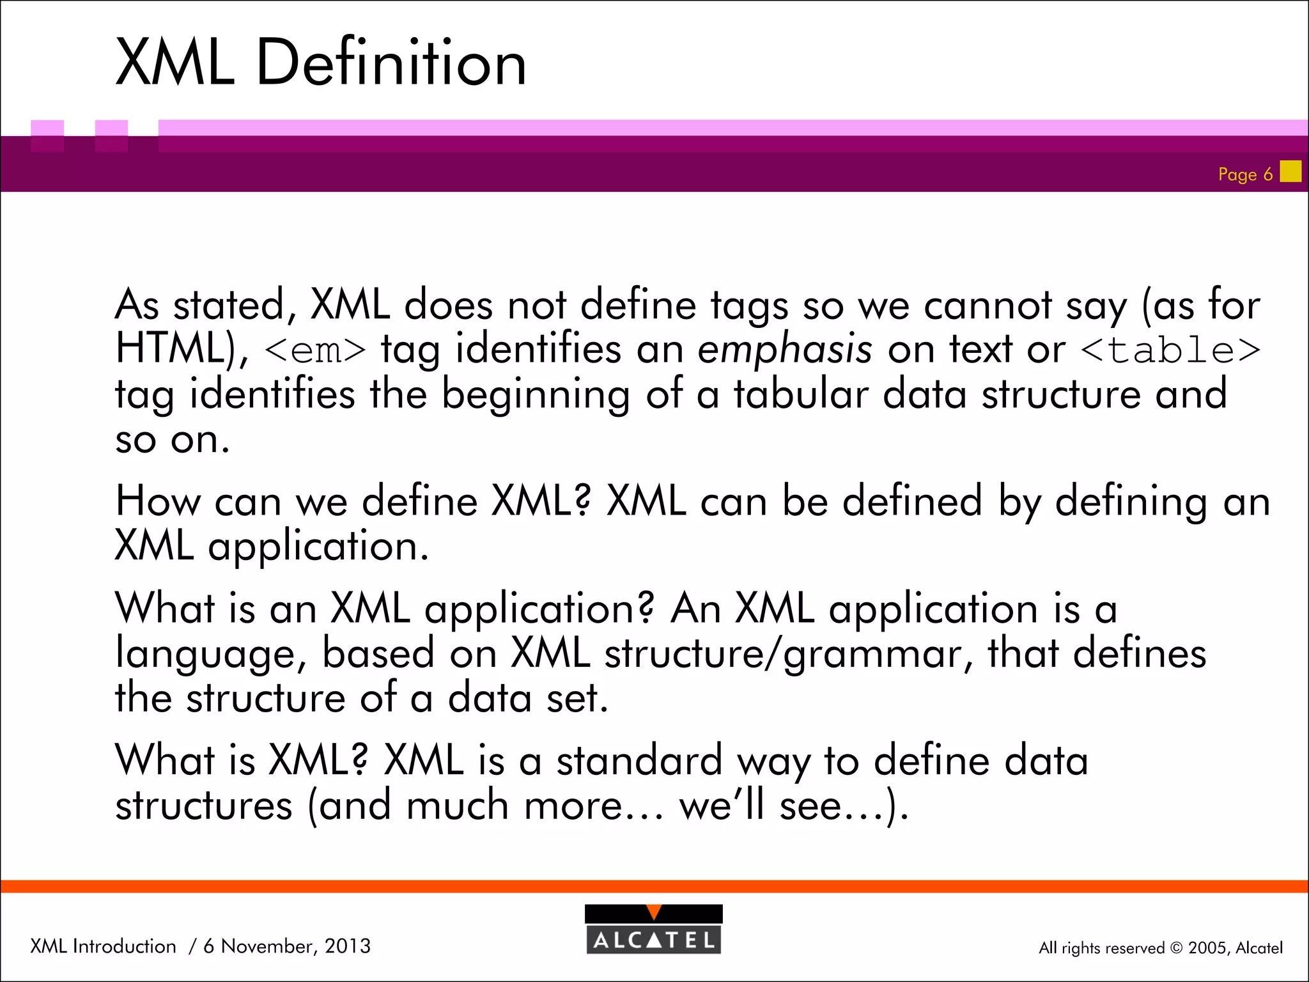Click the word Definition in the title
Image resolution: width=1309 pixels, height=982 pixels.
click(x=391, y=63)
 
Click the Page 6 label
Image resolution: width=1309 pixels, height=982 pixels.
click(x=1244, y=175)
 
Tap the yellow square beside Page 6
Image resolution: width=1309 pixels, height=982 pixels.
click(x=1290, y=171)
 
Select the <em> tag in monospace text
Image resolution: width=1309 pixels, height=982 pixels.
click(x=315, y=350)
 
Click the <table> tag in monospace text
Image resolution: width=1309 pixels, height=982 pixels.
click(x=1170, y=350)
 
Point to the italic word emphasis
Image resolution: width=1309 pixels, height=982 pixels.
click(x=784, y=350)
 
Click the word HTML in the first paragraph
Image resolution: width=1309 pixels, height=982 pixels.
click(x=169, y=349)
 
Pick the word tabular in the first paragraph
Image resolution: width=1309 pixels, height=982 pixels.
click(x=800, y=394)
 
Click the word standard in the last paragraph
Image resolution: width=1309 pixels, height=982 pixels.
click(x=639, y=761)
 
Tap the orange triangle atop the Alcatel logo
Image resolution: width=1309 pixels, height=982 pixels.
click(x=653, y=912)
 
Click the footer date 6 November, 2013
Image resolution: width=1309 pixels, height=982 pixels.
click(x=287, y=946)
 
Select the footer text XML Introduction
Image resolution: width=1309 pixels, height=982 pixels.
click(x=103, y=946)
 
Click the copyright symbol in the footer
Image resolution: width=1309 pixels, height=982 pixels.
click(x=1176, y=948)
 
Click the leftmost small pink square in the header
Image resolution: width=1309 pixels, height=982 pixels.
click(x=47, y=135)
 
